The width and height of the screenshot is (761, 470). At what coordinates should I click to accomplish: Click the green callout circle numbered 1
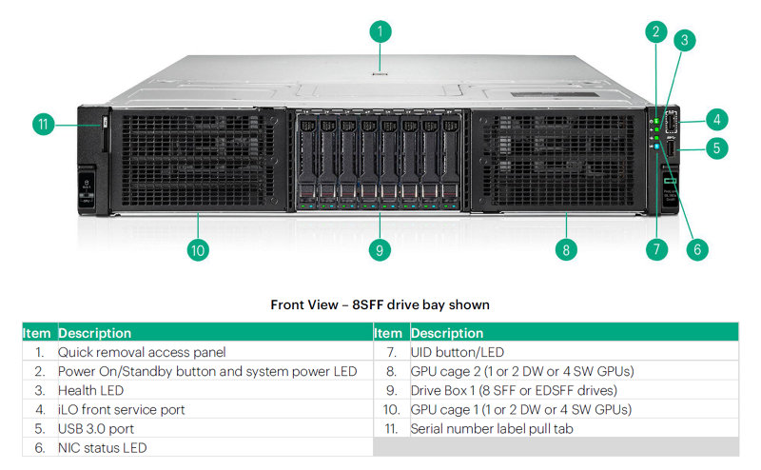(380, 31)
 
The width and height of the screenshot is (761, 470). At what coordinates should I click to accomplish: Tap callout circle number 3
(683, 40)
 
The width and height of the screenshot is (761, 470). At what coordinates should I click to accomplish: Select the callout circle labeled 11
(43, 125)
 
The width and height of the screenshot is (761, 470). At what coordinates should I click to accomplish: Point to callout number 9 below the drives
(380, 250)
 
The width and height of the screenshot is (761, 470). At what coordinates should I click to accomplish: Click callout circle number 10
(198, 250)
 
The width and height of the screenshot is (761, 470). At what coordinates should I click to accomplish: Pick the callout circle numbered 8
(566, 250)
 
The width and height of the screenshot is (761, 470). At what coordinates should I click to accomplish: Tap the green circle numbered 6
(696, 250)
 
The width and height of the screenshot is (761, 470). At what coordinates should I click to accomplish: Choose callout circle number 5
(717, 147)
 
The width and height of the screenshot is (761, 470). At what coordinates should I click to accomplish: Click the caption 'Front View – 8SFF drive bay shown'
(380, 305)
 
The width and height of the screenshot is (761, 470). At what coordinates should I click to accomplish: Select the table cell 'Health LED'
(91, 390)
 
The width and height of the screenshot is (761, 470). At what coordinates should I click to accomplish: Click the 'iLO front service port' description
(122, 409)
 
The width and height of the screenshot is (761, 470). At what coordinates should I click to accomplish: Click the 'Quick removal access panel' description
(142, 352)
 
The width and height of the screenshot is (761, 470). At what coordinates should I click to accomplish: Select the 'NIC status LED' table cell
(103, 447)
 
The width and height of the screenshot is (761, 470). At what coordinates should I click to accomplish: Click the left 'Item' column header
(38, 333)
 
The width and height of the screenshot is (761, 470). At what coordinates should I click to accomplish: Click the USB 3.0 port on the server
(671, 148)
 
